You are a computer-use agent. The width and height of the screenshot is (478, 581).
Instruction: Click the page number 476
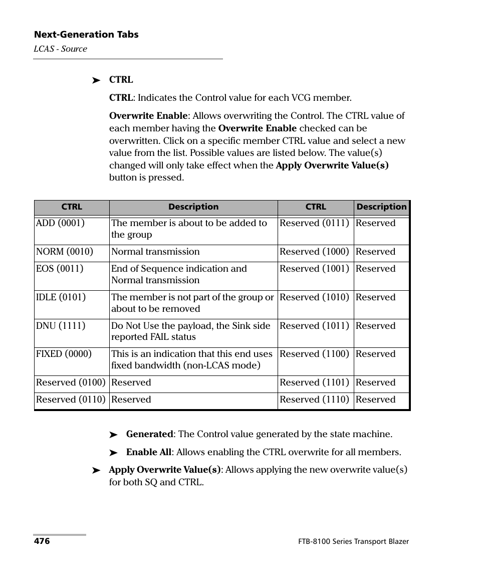(x=42, y=541)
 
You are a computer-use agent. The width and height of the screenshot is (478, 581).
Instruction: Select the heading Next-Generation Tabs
(x=86, y=35)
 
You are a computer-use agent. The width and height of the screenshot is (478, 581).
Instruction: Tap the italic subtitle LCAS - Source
(x=60, y=49)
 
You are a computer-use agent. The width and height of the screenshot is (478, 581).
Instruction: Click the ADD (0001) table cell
(x=60, y=223)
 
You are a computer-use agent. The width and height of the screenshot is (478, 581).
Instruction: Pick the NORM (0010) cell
(x=65, y=252)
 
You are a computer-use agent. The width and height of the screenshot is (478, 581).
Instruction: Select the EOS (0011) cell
(x=60, y=269)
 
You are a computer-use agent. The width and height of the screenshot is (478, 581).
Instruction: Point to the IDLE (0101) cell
(x=61, y=297)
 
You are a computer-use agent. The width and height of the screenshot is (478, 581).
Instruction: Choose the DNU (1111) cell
(x=61, y=326)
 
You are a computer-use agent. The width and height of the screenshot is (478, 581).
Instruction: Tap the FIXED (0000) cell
(x=64, y=354)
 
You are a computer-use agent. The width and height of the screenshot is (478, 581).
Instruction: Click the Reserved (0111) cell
(x=314, y=223)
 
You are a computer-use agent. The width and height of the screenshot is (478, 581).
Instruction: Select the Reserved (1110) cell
(x=314, y=400)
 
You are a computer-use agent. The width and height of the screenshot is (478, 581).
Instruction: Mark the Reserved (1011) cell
(x=314, y=326)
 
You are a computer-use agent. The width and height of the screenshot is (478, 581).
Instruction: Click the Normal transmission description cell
(x=155, y=252)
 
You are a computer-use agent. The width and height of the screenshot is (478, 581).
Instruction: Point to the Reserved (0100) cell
(x=71, y=382)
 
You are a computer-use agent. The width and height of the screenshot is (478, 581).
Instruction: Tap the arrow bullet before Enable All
(x=114, y=453)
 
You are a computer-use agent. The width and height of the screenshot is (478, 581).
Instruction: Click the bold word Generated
(x=149, y=434)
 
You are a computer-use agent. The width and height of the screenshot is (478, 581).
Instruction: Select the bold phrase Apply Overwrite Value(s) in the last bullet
(x=165, y=470)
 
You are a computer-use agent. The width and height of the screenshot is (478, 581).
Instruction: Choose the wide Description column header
(x=193, y=207)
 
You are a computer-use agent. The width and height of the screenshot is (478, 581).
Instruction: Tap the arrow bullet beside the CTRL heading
(x=97, y=80)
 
